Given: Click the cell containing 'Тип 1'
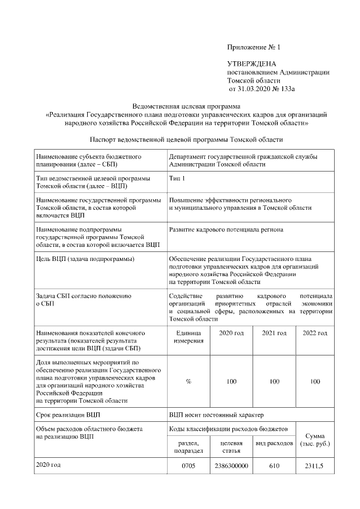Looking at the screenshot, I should tap(177, 178).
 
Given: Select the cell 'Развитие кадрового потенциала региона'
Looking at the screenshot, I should tap(226, 230).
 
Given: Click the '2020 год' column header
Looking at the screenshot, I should tap(231, 334).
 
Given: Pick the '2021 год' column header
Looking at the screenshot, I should tap(274, 334).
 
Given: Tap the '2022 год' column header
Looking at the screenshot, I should tap(315, 334).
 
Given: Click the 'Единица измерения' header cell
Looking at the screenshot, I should tap(188, 337).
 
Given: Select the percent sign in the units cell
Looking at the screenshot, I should tap(188, 381).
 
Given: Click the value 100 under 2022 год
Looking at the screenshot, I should tap(315, 381).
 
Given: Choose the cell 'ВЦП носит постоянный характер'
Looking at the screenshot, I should tap(216, 416).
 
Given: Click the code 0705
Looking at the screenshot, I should tap(188, 466).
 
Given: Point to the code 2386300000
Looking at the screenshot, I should tap(231, 466).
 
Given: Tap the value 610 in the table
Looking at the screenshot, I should tap(274, 466).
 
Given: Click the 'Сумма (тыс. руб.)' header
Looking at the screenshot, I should tap(315, 439).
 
